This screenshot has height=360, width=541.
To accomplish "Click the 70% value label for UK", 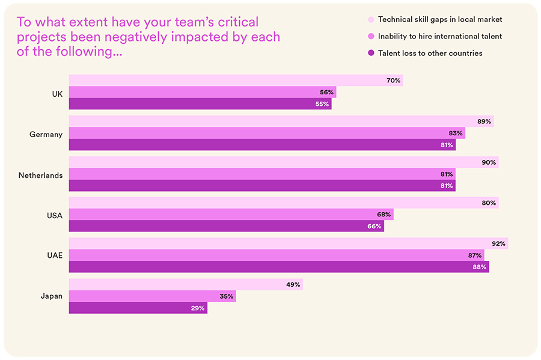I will click(x=394, y=81).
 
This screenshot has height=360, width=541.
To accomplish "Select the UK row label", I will click(x=57, y=93).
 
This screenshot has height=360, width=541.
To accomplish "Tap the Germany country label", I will click(x=46, y=134).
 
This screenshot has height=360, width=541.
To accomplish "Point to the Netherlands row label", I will click(x=40, y=175).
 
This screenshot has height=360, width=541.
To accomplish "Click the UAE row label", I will click(x=54, y=255).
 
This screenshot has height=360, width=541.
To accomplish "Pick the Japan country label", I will click(x=51, y=296).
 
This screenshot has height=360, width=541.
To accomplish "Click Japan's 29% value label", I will click(x=198, y=308).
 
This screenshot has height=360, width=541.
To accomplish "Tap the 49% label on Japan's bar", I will click(x=293, y=284).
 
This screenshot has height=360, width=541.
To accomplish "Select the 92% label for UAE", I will click(x=499, y=243).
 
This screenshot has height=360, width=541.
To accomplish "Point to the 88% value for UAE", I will click(x=480, y=267).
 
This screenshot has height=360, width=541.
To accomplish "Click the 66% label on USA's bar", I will click(x=374, y=226).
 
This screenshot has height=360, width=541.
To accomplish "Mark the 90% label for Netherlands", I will click(x=489, y=162).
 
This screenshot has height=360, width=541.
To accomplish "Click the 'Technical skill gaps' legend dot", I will click(x=370, y=20).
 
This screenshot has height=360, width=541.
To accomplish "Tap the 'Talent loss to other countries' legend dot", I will click(x=370, y=53).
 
